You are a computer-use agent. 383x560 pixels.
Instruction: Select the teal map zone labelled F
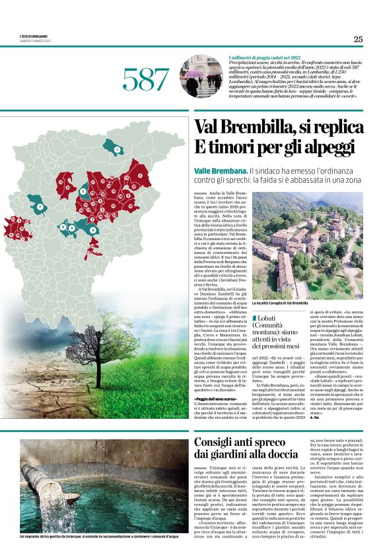(x=38, y=207)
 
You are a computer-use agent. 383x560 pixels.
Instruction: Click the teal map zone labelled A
(x=91, y=230)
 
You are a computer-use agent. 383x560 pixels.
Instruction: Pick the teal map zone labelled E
(x=84, y=191)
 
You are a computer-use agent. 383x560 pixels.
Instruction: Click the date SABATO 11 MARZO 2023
(x=36, y=42)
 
